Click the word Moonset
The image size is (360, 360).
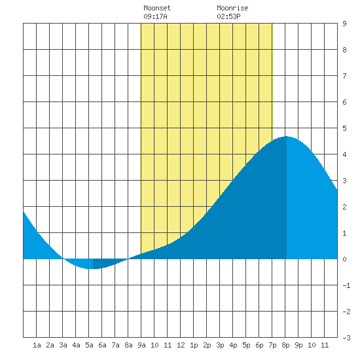pos(157,8)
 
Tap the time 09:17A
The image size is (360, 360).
pos(155,16)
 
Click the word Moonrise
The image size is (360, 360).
pos(232,8)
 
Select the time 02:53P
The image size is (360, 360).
pos(228,16)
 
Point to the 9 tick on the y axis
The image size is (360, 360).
pos(344,24)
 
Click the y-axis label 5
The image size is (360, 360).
pos(344,128)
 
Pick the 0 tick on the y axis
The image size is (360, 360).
pos(344,259)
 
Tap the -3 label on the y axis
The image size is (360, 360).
pos(346,338)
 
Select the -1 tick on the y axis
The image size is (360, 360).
pos(346,285)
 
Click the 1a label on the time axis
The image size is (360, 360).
pos(37,345)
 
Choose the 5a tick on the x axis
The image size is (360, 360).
pos(89,345)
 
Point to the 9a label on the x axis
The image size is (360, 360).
pos(141,345)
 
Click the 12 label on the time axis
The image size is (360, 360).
pos(181,345)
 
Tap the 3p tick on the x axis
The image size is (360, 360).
pos(220,345)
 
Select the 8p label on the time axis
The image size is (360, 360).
pos(285,345)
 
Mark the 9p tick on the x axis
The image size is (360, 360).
pos(298,345)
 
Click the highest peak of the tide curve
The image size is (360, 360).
pos(287,136)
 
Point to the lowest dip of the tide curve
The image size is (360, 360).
pos(92,268)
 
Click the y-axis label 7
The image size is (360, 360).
pos(344,76)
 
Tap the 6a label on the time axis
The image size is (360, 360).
pos(102,345)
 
